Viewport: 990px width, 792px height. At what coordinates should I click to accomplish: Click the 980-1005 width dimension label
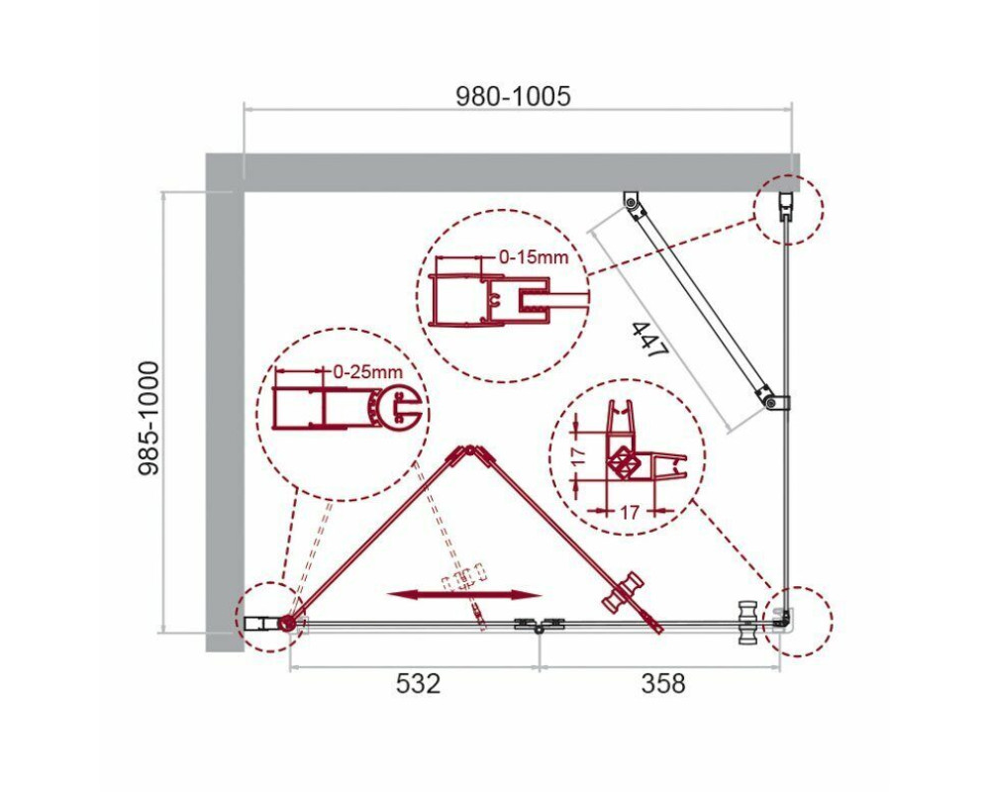pyautogui.click(x=513, y=96)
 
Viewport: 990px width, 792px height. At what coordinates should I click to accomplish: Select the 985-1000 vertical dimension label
pyautogui.click(x=149, y=418)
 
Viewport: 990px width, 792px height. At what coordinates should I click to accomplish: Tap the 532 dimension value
pyautogui.click(x=418, y=683)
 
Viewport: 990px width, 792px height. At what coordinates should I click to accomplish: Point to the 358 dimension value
pyautogui.click(x=663, y=683)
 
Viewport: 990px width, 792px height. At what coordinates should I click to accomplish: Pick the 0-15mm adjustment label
pyautogui.click(x=534, y=257)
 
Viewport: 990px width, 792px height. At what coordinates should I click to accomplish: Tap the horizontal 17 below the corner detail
pyautogui.click(x=628, y=511)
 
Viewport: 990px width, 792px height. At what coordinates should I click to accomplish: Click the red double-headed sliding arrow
pyautogui.click(x=464, y=594)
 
